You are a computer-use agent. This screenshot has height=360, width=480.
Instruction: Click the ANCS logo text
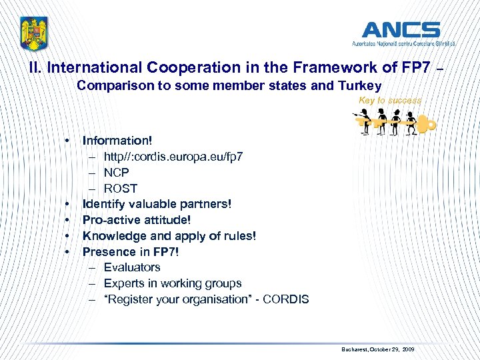coord(400,30)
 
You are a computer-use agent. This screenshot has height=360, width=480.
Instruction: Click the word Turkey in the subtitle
coord(360,85)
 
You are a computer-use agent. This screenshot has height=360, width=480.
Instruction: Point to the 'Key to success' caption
coord(390,100)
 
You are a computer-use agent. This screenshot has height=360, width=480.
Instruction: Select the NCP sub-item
coord(117,172)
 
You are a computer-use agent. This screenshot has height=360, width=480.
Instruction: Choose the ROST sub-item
coord(121,188)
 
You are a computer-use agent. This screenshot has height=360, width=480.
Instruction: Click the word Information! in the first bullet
coord(117,140)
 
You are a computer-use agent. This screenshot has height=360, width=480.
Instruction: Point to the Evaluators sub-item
coord(132,267)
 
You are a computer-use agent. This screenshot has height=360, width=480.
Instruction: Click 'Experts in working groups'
coord(173,283)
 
